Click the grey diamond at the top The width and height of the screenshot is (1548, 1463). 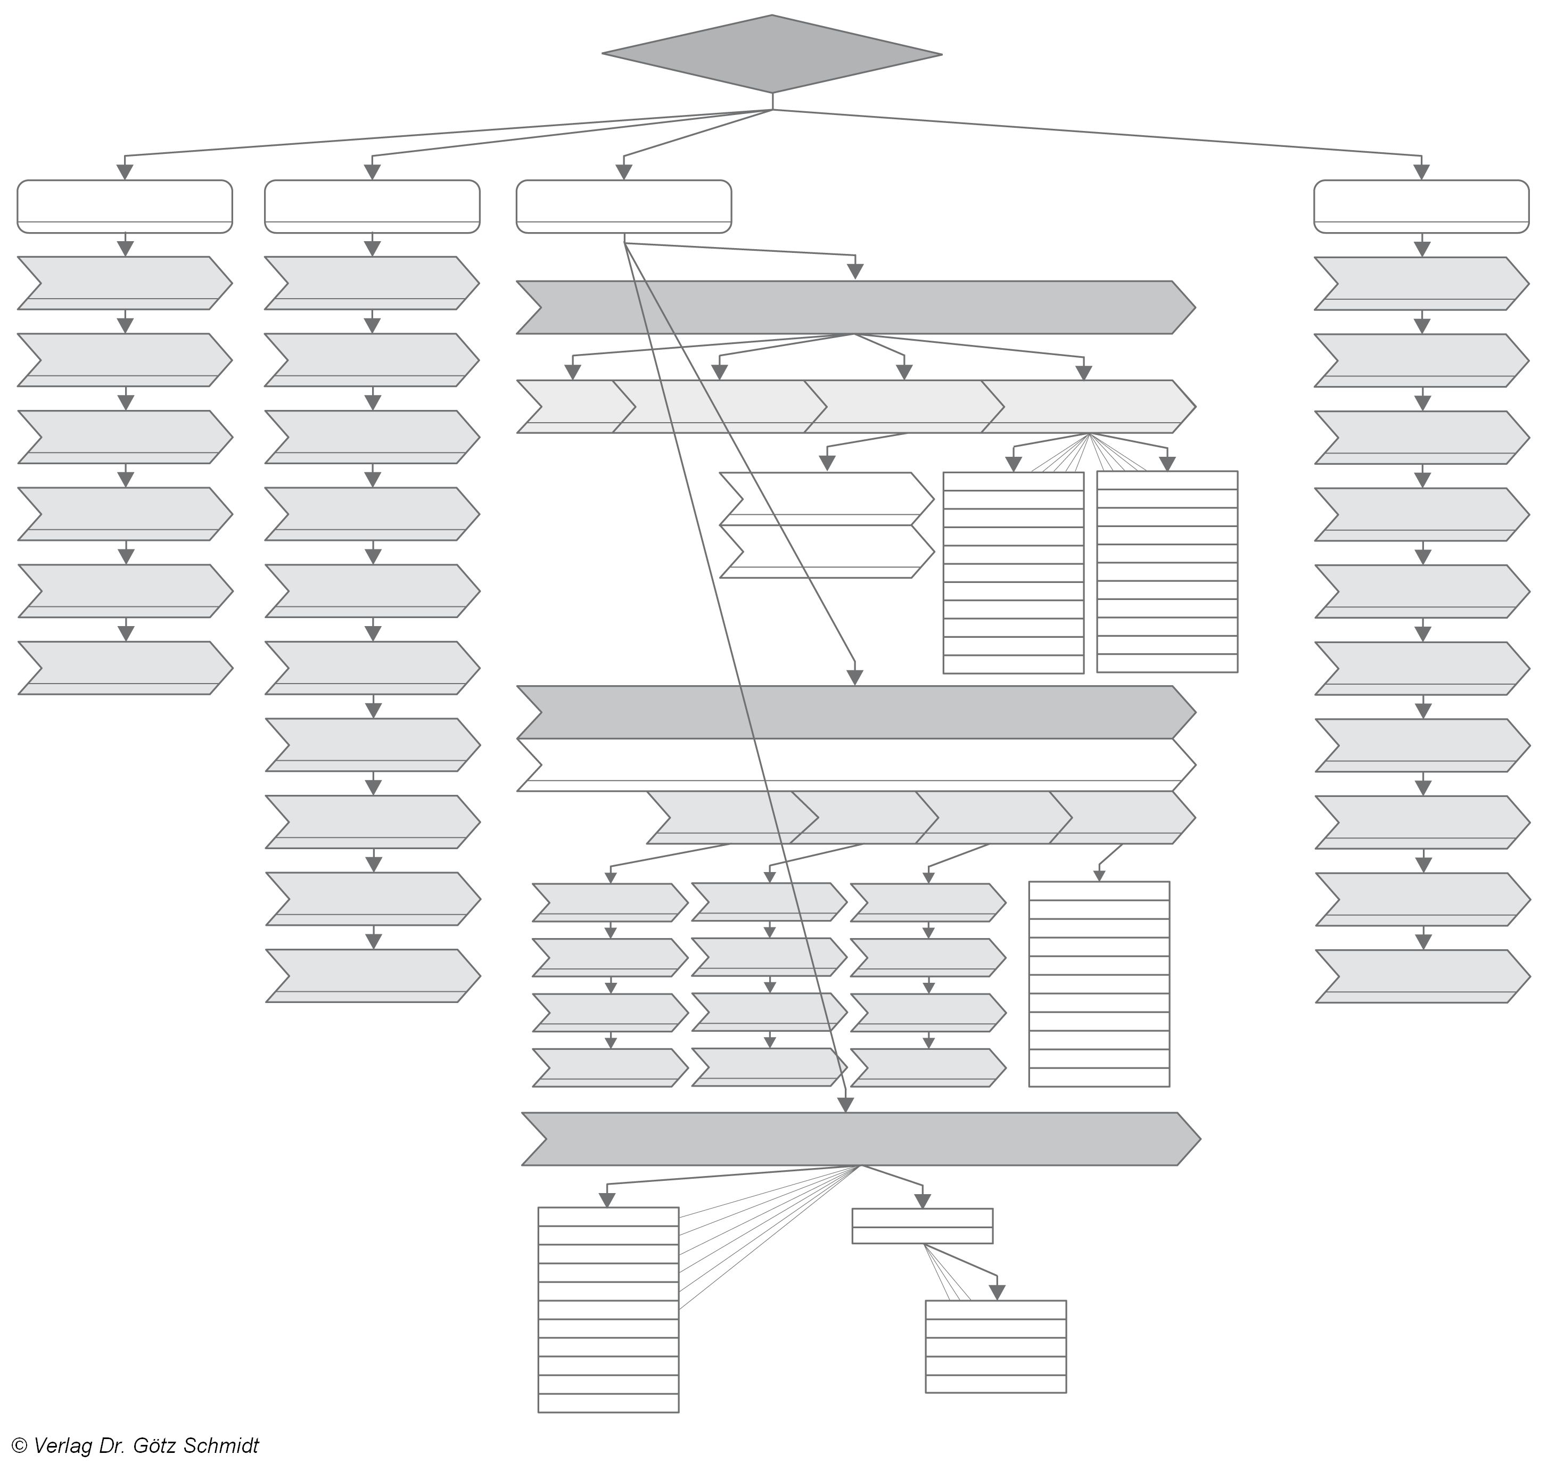(771, 54)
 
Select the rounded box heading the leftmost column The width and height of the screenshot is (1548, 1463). (125, 206)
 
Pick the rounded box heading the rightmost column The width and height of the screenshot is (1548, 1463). (1421, 206)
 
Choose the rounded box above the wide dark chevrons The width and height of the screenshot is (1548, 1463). (623, 206)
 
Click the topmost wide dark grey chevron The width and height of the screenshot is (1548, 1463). (855, 307)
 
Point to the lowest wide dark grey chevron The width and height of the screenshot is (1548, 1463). (860, 1139)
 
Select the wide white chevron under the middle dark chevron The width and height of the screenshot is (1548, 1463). (855, 765)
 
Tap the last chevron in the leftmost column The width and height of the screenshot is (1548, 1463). (125, 668)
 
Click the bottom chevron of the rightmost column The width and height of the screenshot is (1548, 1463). (1422, 975)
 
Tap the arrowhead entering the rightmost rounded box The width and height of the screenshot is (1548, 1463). (1421, 171)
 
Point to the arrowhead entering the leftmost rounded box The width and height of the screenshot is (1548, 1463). (125, 171)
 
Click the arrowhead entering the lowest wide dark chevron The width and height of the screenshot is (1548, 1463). (845, 1104)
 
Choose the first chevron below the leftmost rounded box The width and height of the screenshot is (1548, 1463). (125, 282)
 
